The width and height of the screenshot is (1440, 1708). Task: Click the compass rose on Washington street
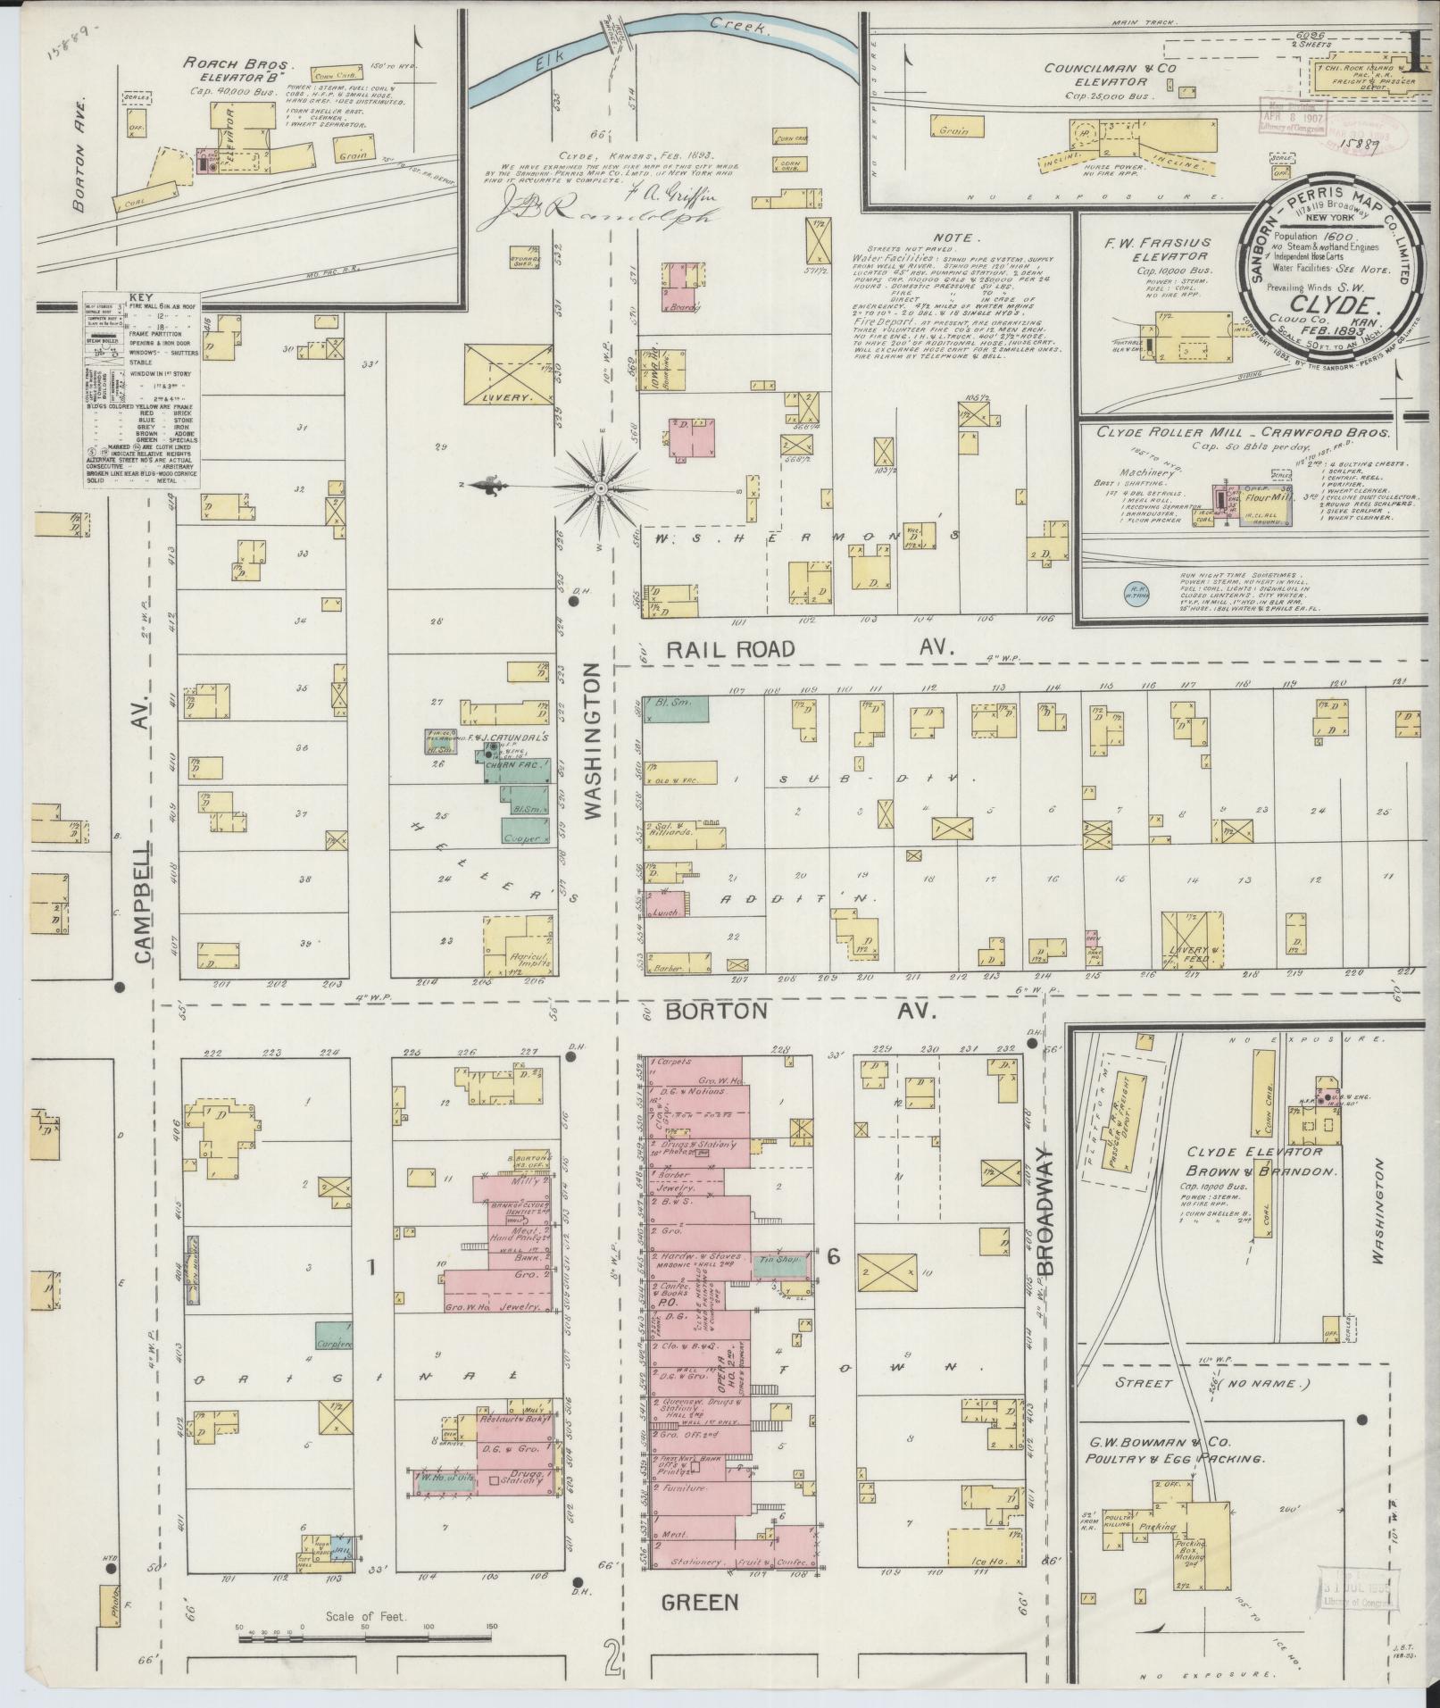coord(601,488)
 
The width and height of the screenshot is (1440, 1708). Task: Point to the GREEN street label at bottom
coord(700,1602)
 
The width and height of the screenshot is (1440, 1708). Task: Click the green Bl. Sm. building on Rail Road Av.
coord(677,709)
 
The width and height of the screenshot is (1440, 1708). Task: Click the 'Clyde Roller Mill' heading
coord(1161,431)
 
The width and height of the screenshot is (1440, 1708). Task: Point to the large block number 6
coord(833,1257)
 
